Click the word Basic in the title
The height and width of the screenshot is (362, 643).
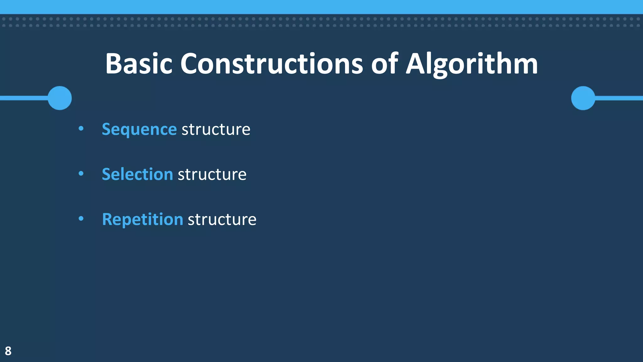coord(139,64)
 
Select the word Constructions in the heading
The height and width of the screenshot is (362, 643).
coord(272,64)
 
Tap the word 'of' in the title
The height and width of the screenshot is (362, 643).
coord(385,64)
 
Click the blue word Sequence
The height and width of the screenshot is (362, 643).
coord(139,129)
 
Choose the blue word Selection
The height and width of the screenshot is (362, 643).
coord(138,174)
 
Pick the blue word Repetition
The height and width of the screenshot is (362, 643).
coord(143,219)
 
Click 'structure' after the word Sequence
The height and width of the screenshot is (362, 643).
coord(216,129)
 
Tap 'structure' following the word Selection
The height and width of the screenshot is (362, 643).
coord(212,174)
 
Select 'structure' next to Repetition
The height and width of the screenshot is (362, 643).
coord(222,219)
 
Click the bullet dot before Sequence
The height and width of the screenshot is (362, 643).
coord(81,128)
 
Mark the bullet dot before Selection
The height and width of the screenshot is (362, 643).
coord(81,173)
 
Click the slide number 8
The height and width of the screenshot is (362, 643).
coord(8,351)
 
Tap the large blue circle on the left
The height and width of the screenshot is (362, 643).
coord(60,98)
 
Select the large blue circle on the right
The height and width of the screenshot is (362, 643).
coord(583,98)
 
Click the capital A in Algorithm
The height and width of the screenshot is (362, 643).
coord(417,64)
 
